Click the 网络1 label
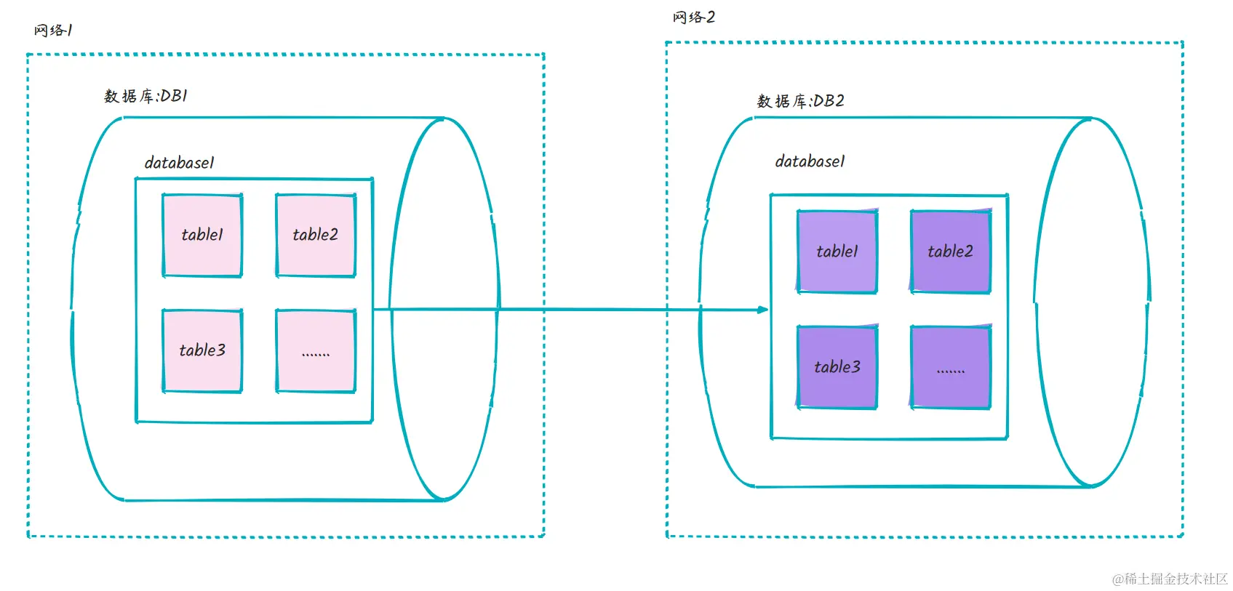(x=53, y=31)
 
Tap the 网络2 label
(x=694, y=17)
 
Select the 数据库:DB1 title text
(x=145, y=96)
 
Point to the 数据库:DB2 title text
(x=800, y=101)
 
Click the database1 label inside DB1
(x=179, y=163)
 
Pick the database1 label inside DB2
(x=810, y=161)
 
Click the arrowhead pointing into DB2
(x=763, y=310)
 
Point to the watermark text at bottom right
(x=1170, y=579)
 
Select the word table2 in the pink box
(x=316, y=235)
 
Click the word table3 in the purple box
(x=837, y=367)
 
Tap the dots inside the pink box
(x=316, y=354)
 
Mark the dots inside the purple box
(x=951, y=371)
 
